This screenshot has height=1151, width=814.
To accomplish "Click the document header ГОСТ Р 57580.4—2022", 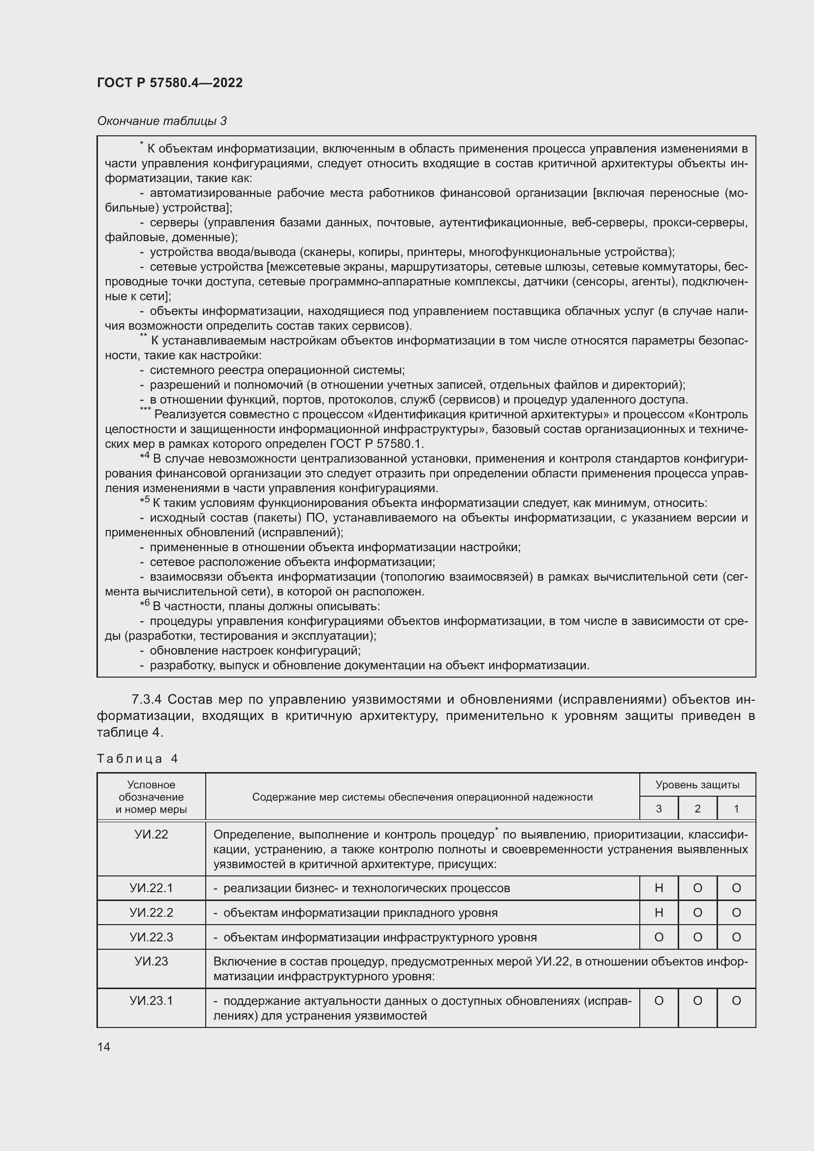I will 170,83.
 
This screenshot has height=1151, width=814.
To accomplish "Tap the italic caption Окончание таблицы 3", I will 162,121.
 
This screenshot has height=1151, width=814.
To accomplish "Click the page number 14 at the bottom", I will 104,1047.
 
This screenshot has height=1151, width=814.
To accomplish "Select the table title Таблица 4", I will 137,758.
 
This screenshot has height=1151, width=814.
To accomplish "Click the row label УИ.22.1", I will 151,888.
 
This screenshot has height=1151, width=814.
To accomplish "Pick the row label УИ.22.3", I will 151,937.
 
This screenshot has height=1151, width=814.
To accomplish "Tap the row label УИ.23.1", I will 151,1000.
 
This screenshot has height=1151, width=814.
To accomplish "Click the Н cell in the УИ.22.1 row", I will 658,888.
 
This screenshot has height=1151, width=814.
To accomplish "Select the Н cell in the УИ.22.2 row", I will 658,912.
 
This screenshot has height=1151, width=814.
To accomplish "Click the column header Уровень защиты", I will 697,785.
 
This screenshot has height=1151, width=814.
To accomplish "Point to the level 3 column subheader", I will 658,809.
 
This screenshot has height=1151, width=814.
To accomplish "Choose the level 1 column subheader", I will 736,809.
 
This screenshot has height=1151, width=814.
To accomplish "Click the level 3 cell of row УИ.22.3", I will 658,937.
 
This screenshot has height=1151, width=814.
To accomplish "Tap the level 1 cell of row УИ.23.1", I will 736,1000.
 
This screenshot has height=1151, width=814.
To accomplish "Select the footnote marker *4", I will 145,457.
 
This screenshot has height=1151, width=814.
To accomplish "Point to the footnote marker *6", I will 145,605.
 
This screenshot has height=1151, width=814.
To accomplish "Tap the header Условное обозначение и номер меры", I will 151,797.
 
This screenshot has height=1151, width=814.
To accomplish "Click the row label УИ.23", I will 151,962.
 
